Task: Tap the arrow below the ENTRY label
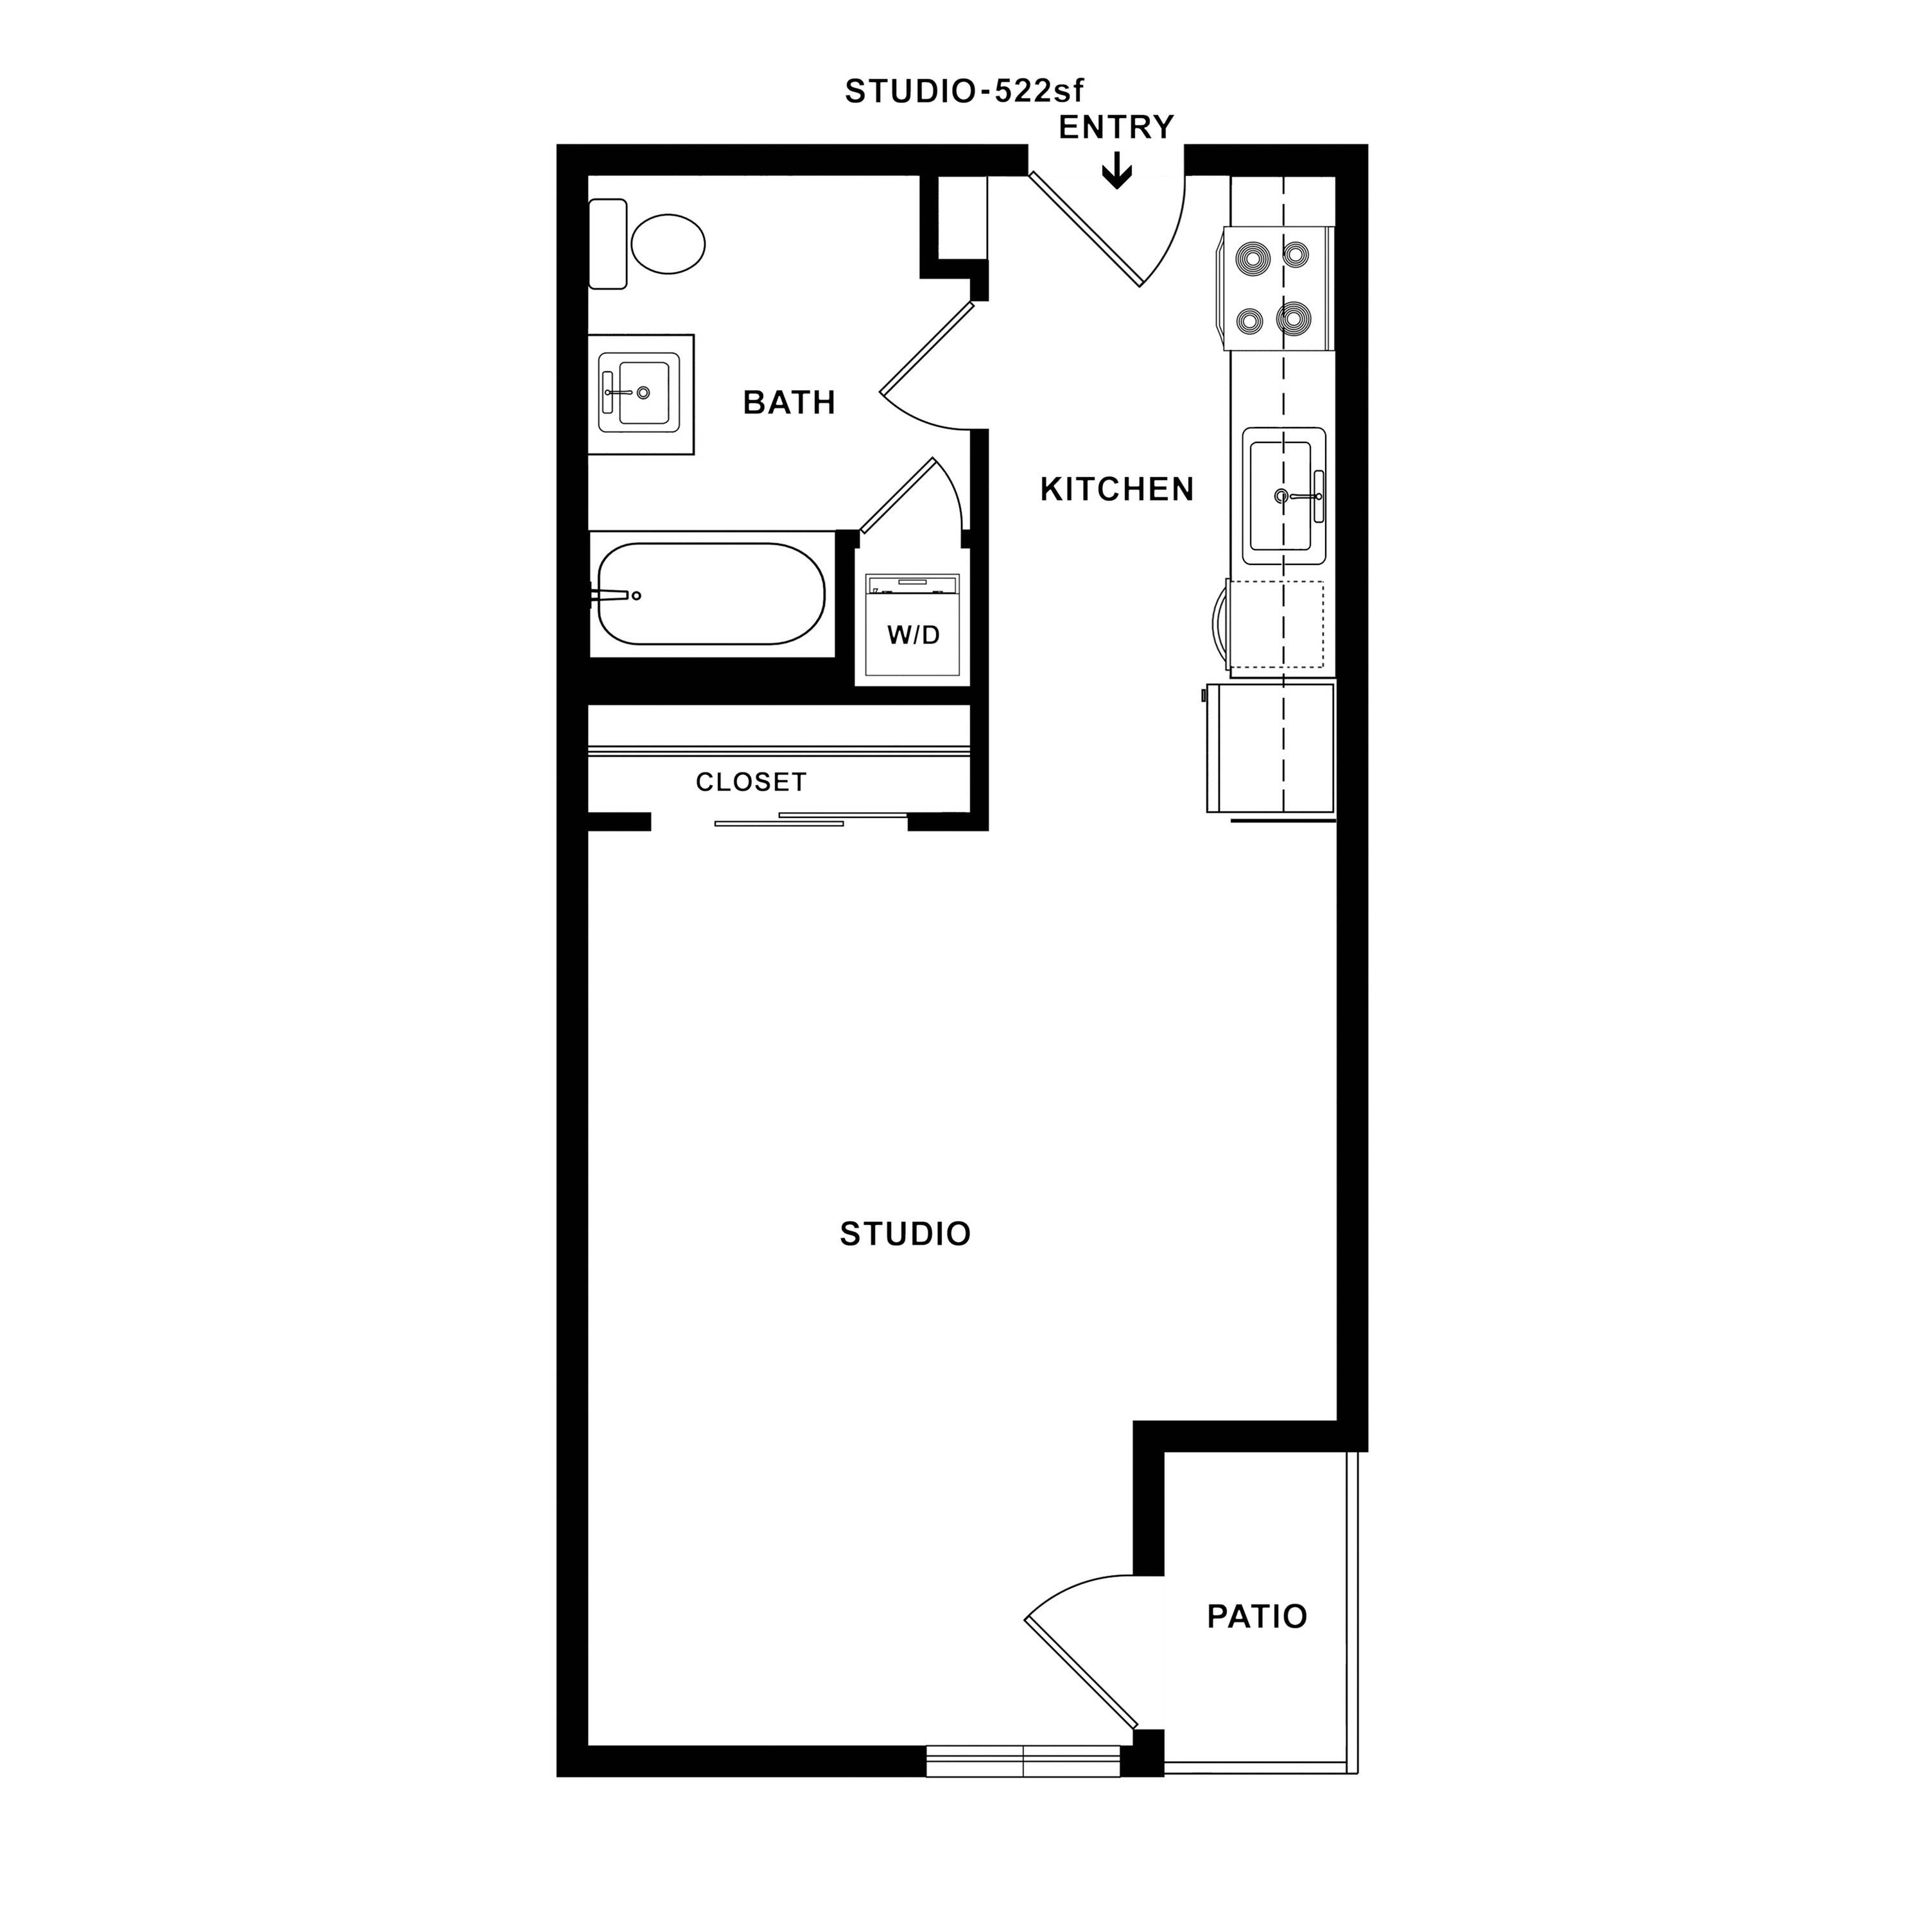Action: coord(1116,171)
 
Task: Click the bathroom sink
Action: coord(639,394)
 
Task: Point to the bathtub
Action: coord(711,594)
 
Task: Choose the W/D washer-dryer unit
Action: coord(912,626)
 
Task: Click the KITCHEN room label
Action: coord(1116,489)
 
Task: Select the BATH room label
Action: coord(788,403)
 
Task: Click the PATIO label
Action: coord(1256,1616)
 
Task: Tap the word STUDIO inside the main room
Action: coord(904,1234)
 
